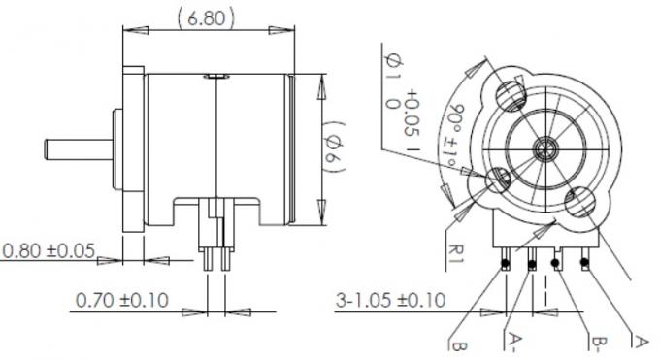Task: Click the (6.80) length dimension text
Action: click(x=206, y=16)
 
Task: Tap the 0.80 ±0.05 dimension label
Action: click(x=48, y=251)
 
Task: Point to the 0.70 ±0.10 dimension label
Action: click(x=121, y=301)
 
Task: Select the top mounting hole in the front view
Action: click(x=512, y=94)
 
